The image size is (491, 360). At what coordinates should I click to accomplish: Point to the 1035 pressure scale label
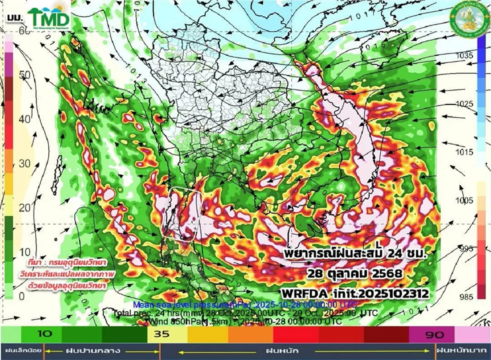click(x=465, y=55)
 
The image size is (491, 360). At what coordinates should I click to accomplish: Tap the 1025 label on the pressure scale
click(x=465, y=104)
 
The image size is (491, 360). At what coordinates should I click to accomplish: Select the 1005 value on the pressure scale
click(x=465, y=200)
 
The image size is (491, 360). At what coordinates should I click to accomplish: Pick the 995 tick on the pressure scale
click(x=465, y=248)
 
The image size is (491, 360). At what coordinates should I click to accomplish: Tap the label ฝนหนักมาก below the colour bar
click(x=462, y=351)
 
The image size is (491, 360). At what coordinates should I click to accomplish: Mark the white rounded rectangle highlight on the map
click(x=183, y=213)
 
